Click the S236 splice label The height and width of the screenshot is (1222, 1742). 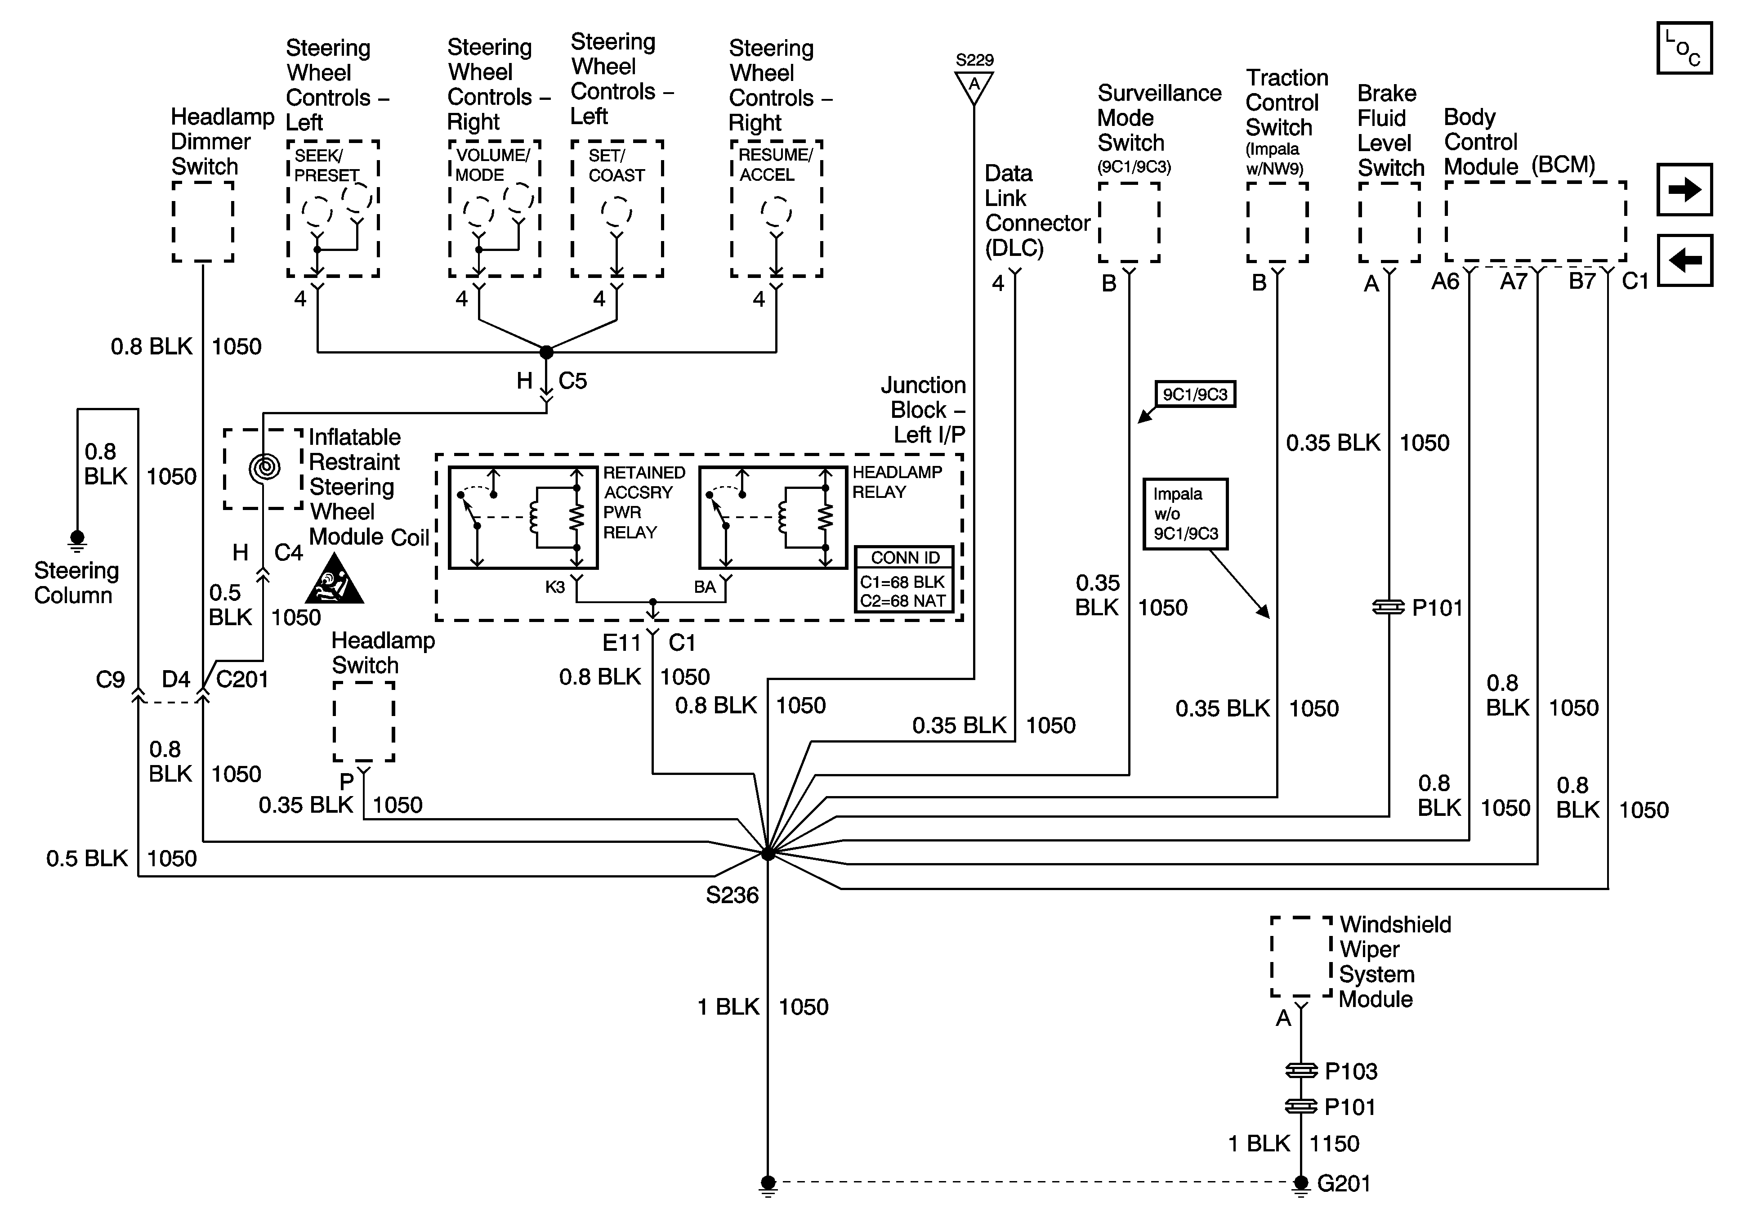[732, 895]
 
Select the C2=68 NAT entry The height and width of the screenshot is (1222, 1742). [903, 601]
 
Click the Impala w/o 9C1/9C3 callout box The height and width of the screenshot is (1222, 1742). [1185, 514]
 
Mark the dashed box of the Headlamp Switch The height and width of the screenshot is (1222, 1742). [363, 721]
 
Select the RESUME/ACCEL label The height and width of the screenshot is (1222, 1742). [775, 165]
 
